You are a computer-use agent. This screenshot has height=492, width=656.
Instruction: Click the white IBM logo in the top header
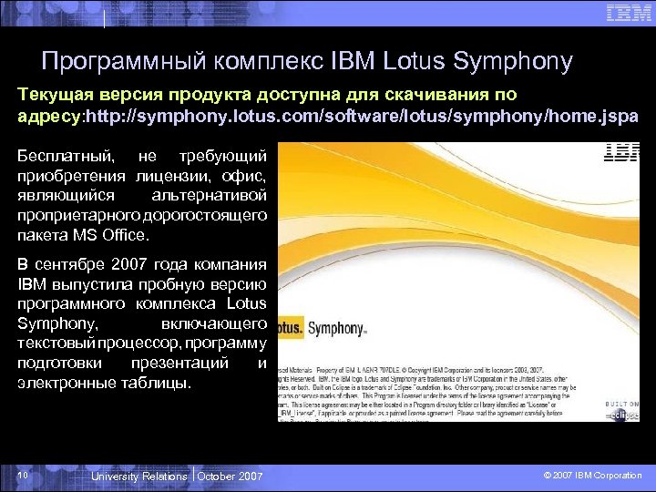coord(629,13)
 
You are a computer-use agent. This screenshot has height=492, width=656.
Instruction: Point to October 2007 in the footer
coord(230,477)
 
